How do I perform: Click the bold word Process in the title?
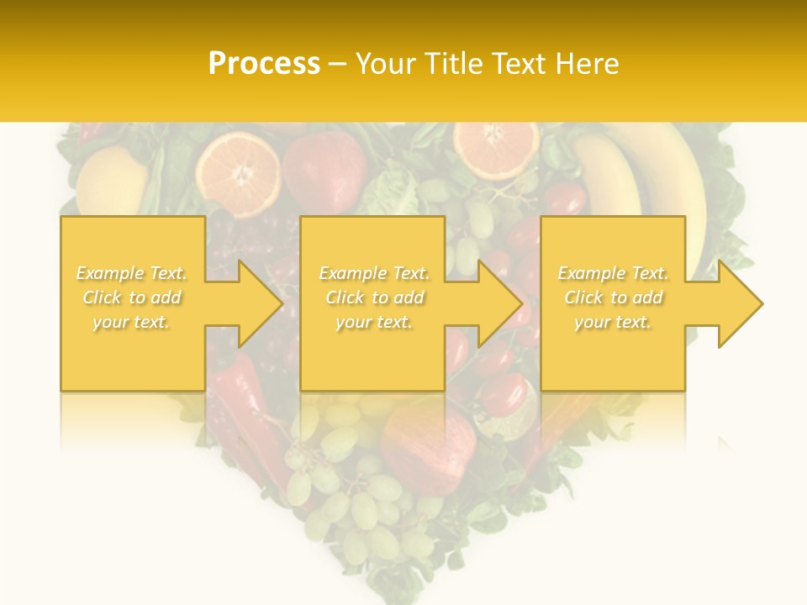click(264, 64)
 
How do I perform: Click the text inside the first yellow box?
click(131, 297)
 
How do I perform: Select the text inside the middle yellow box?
click(373, 297)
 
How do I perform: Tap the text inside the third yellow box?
click(613, 297)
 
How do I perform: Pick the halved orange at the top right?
click(496, 148)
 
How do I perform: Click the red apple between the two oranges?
click(323, 171)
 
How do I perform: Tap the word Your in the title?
click(384, 64)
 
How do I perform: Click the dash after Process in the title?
click(338, 64)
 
